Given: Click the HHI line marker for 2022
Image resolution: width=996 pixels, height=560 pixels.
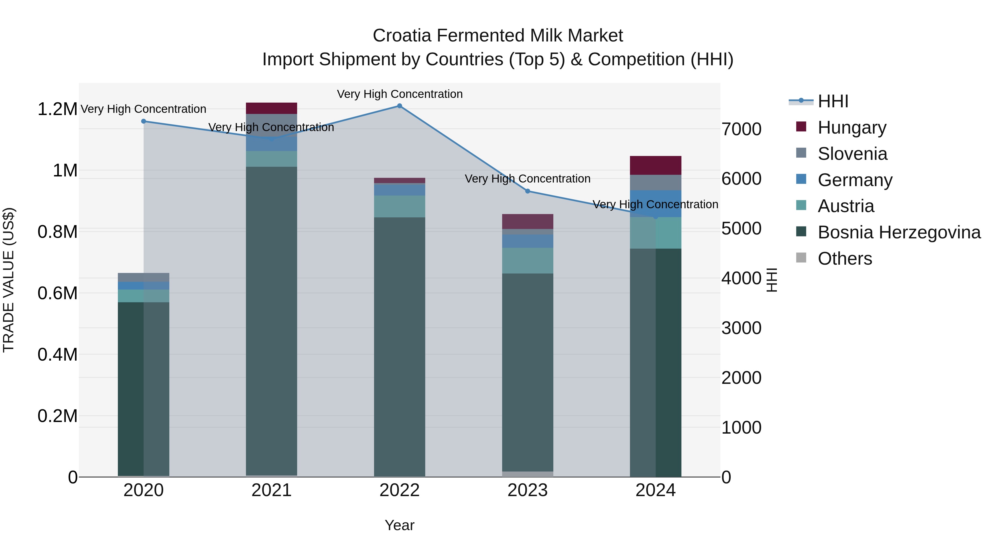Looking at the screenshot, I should pos(400,106).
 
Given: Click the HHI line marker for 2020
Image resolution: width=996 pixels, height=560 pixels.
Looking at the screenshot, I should pos(143,121).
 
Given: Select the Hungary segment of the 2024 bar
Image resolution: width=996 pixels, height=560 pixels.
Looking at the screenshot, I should pos(655,165).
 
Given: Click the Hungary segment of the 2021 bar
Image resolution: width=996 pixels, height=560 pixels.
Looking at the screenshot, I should pos(271,108).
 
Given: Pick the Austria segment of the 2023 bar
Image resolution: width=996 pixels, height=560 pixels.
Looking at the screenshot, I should pos(527,261).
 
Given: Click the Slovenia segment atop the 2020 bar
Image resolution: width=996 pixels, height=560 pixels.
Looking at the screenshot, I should pos(143,277).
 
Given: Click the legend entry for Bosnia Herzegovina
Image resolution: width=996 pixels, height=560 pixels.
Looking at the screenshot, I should pos(899,232).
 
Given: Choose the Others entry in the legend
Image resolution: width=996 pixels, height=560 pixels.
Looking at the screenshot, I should pos(845,259).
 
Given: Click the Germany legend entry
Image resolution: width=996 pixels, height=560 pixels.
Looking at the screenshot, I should pos(855,180).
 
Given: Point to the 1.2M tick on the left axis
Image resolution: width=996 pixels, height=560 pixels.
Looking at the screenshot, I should pos(57,109).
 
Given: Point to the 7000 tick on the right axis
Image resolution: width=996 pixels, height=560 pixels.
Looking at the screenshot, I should pos(741,129).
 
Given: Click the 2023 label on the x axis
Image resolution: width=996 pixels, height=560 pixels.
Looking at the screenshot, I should pos(527,490).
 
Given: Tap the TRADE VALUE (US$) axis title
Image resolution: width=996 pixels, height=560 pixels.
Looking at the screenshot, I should pos(9,280).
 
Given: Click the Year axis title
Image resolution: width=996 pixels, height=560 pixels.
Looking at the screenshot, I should pos(400,525).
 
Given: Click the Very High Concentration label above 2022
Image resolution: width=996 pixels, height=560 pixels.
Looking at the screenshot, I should pos(400,94).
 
